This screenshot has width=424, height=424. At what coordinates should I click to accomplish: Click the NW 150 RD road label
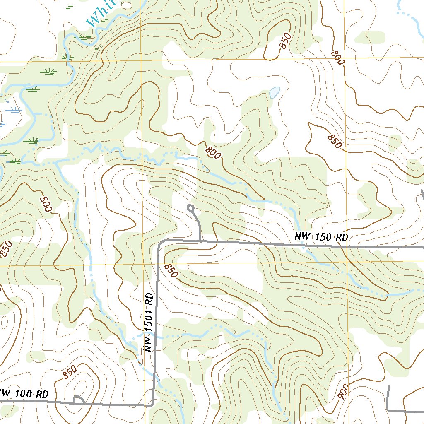pos(321,237)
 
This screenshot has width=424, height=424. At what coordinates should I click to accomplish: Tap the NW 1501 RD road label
pos(149,323)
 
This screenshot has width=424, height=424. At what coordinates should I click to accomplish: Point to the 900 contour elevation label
pos(343,391)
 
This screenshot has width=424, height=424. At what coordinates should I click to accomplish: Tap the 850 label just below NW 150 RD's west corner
pos(171,271)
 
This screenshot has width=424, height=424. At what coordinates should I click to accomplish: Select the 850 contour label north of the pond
pos(285,41)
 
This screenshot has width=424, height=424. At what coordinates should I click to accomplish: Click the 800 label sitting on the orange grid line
pos(337,58)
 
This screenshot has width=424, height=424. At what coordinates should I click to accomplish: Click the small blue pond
pos(275,92)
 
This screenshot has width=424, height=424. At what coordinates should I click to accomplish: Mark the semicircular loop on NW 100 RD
pos(78,400)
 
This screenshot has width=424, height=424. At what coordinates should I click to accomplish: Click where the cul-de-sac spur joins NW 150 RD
pos(200,241)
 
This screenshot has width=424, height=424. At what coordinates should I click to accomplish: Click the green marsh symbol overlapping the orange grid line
pos(67,58)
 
